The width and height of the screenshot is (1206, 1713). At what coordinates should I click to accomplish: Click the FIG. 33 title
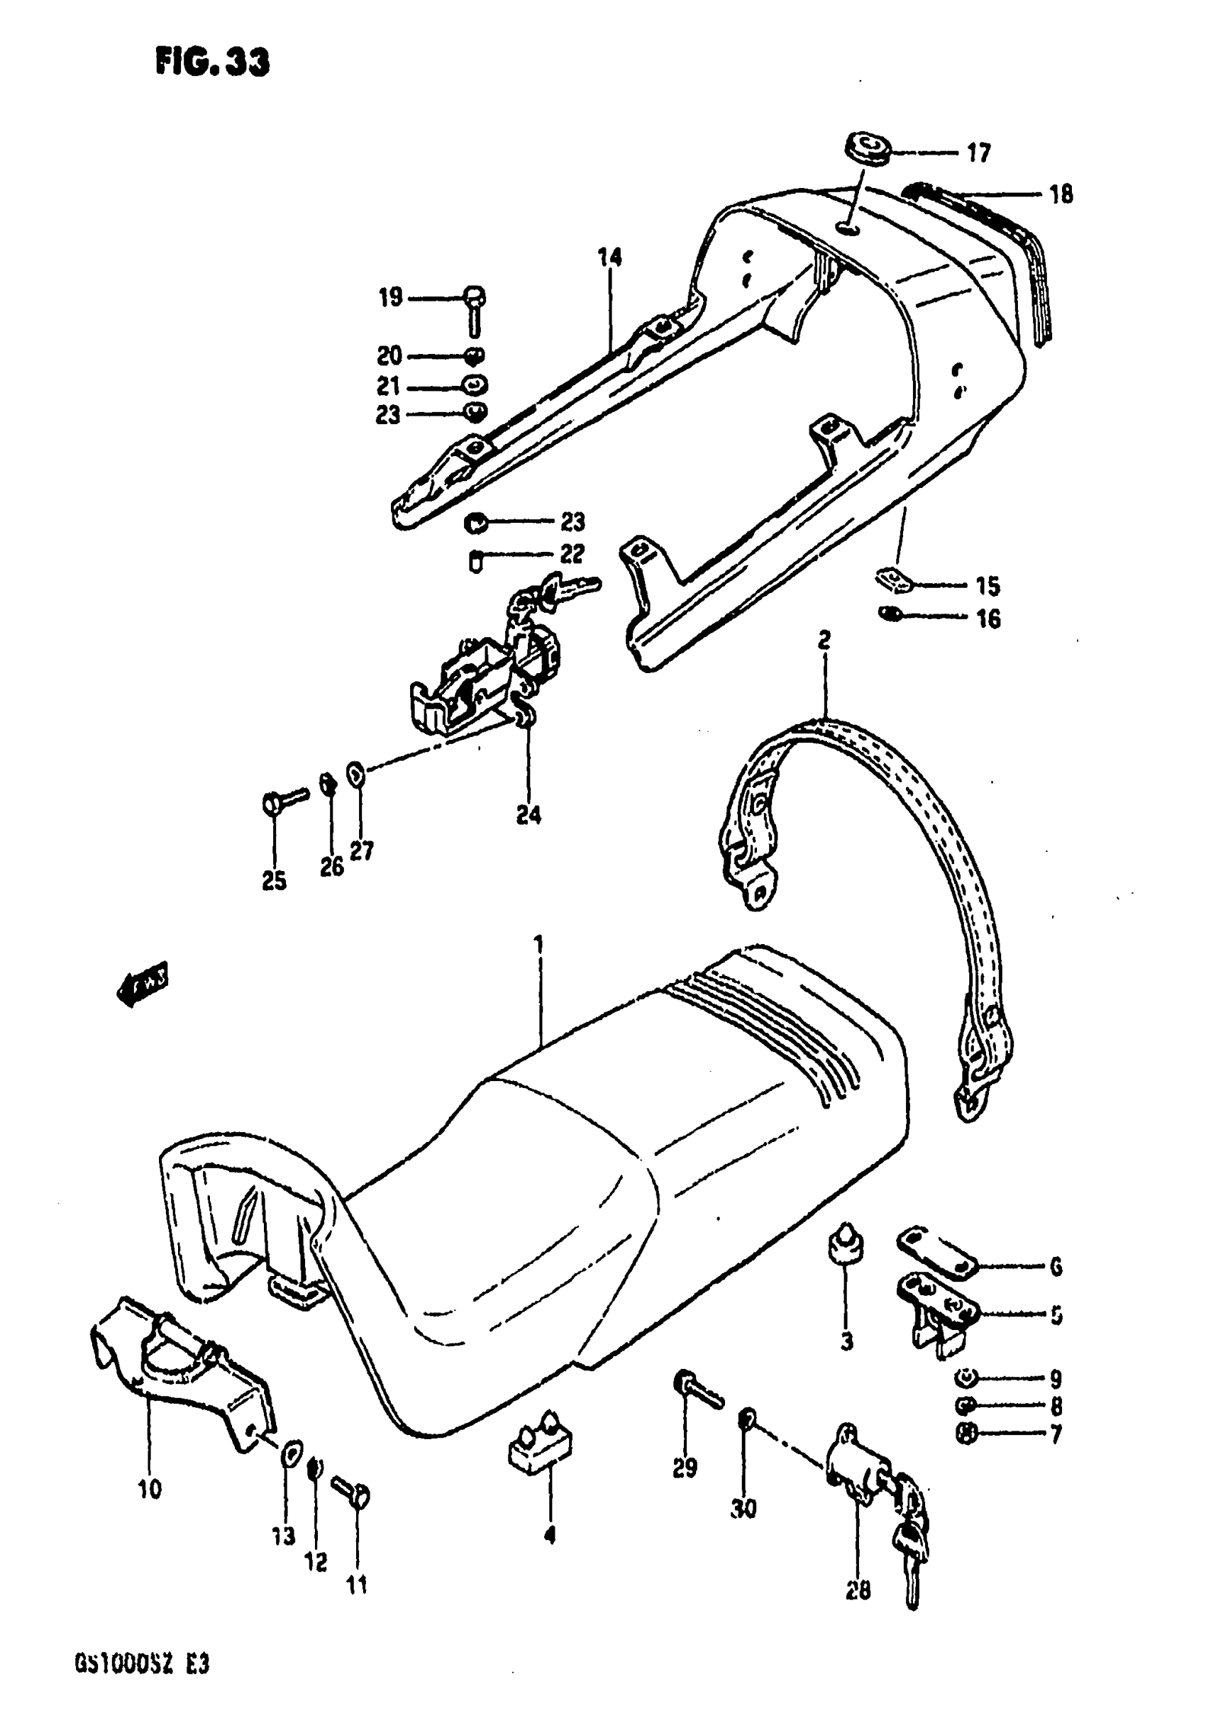[x=213, y=62]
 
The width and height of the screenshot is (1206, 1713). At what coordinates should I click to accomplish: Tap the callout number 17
[x=978, y=153]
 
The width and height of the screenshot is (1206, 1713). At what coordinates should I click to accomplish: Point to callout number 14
[x=609, y=257]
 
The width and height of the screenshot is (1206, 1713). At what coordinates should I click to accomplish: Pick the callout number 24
[x=529, y=816]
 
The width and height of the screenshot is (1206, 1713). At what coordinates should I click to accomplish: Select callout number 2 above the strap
[x=824, y=639]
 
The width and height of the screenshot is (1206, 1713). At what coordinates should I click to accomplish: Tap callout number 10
[x=149, y=1489]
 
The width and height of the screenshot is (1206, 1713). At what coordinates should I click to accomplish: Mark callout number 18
[x=1061, y=195]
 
